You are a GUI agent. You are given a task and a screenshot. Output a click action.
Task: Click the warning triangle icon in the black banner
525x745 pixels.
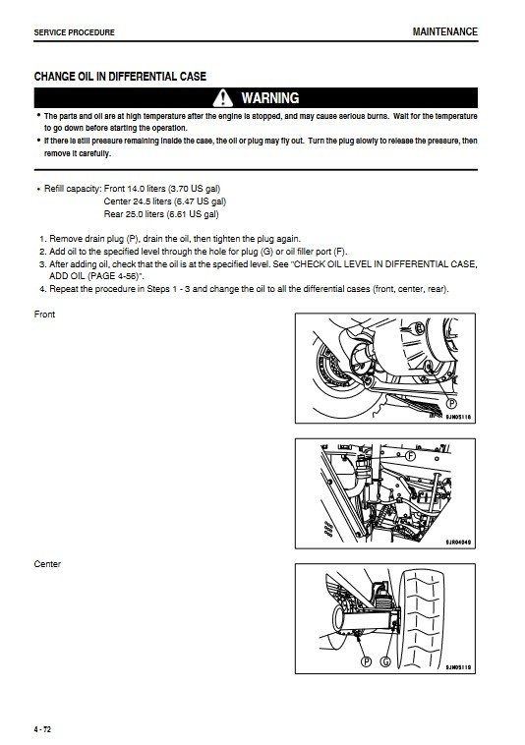[222, 98]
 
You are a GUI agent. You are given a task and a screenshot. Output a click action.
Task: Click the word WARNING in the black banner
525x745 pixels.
[270, 98]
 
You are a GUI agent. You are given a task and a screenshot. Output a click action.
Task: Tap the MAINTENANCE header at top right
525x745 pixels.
[444, 31]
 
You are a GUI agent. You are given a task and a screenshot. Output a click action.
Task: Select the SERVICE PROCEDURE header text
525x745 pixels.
[74, 32]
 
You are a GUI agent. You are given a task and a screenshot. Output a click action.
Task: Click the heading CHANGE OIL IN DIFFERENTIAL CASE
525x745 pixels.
[120, 76]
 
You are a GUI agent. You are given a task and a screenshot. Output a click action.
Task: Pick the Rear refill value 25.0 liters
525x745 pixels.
[145, 214]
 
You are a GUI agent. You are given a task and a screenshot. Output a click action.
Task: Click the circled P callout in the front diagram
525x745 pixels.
[451, 403]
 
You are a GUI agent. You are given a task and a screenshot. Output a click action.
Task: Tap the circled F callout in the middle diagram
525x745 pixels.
[410, 456]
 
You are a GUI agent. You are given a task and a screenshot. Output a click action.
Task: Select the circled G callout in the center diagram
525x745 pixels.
[384, 660]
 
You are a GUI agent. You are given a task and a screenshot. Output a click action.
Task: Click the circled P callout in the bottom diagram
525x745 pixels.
[366, 660]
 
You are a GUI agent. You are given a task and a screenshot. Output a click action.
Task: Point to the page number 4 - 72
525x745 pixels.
[42, 729]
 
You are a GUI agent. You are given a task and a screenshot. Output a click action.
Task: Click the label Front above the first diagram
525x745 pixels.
[44, 315]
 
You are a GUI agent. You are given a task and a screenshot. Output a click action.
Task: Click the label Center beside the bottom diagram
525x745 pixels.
[47, 564]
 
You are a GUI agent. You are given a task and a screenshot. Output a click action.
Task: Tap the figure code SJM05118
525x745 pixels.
[458, 417]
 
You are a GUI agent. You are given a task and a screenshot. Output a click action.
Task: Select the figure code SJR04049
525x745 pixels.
[458, 543]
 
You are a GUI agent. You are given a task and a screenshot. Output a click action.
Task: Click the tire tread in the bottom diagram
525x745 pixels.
[423, 618]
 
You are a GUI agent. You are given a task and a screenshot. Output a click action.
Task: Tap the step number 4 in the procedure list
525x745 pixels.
[42, 289]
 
